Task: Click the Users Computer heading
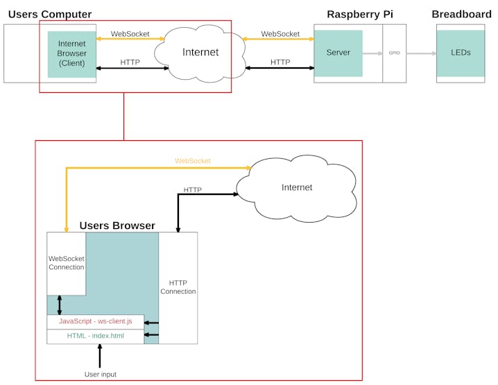tap(49, 15)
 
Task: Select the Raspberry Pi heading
tap(360, 15)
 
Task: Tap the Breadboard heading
tap(461, 15)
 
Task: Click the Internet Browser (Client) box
tap(71, 53)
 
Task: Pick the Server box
tap(338, 53)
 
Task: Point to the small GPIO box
tap(394, 53)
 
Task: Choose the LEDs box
tap(461, 53)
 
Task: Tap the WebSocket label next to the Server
tap(280, 33)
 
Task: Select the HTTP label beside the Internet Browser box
tap(130, 62)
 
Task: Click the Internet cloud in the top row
tap(200, 52)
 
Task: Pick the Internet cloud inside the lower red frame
tap(297, 187)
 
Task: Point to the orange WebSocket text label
tap(192, 161)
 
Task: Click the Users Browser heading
tap(117, 225)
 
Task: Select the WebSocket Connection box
tap(66, 263)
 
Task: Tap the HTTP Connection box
tap(178, 287)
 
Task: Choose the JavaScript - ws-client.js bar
tap(95, 322)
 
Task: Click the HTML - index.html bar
tap(95, 336)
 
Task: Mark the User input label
tap(100, 375)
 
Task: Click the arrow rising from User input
tap(100, 356)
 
